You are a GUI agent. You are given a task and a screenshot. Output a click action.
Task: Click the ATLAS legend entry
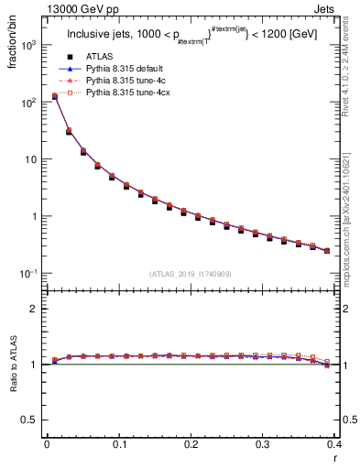(97, 56)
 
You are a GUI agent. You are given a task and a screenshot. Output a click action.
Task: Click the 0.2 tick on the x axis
(191, 446)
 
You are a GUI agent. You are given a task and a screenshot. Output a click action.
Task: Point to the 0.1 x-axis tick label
(118, 446)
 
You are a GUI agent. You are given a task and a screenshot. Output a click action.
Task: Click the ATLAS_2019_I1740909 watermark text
(191, 274)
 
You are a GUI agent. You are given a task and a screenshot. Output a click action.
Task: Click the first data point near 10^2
(54, 96)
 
